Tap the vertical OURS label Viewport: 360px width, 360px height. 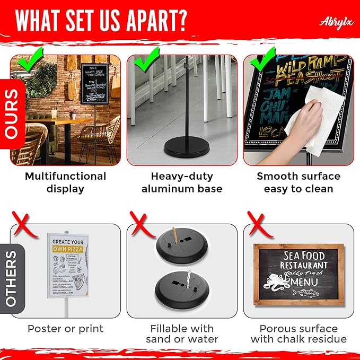tap(12, 113)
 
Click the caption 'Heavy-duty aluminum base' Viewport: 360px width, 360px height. tap(182, 182)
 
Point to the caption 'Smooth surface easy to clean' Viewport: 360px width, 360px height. tap(298, 182)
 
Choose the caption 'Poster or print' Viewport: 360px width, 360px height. tap(65, 329)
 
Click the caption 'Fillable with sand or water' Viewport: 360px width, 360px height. tap(182, 333)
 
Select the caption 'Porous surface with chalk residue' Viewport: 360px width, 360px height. tap(298, 333)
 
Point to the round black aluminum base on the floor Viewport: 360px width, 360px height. tap(180, 146)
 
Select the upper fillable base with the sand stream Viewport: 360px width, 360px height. tap(182, 246)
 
